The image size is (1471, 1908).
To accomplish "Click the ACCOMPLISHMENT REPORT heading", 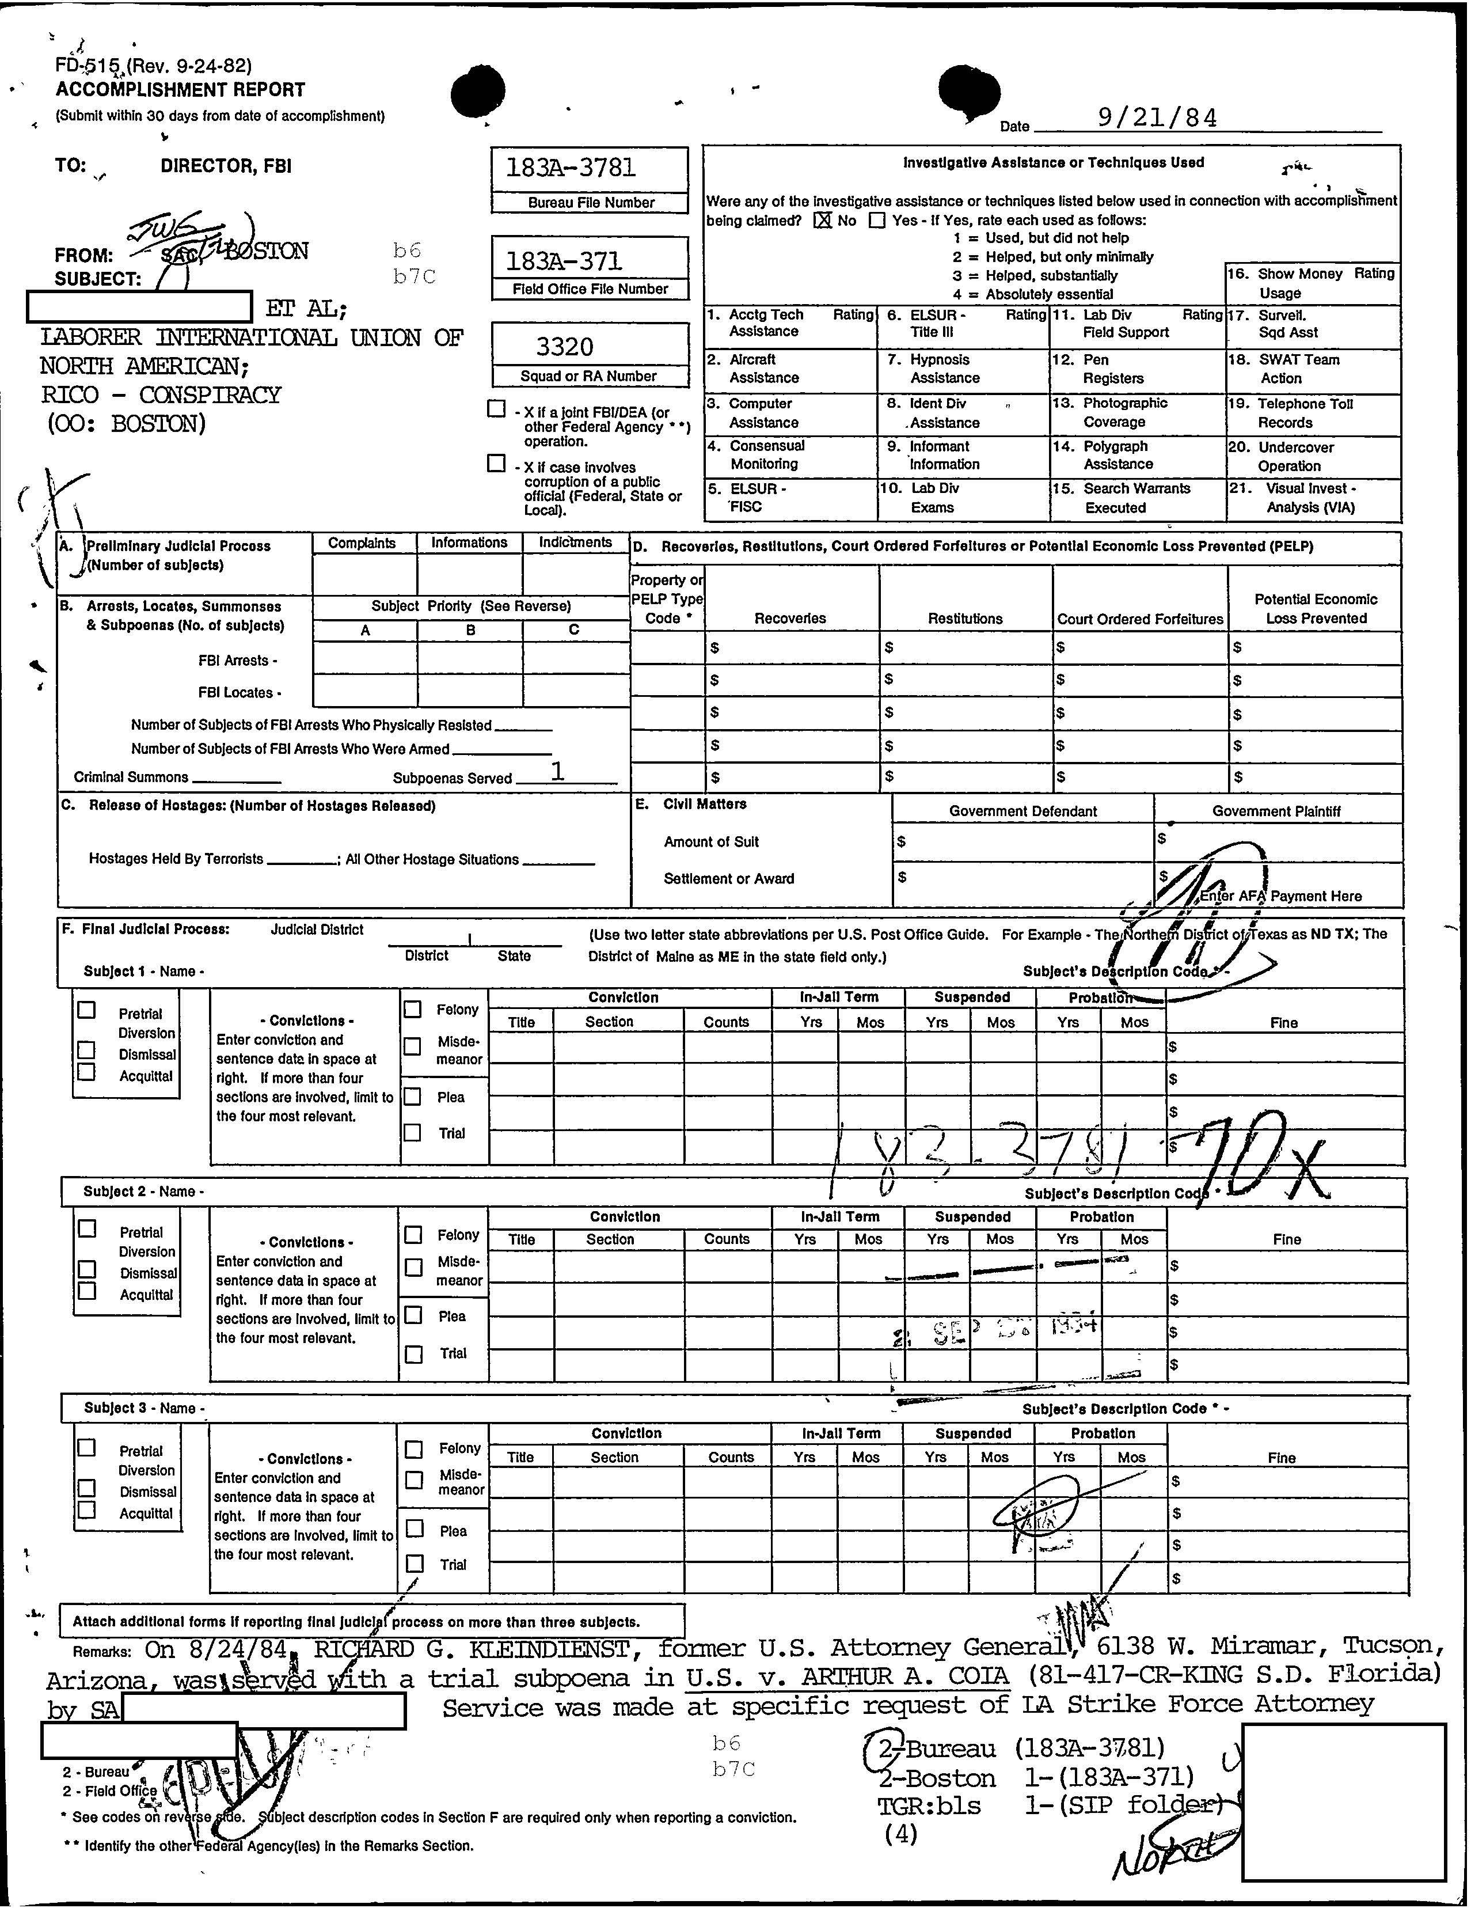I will pos(180,89).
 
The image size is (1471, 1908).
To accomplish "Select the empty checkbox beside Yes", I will pos(877,220).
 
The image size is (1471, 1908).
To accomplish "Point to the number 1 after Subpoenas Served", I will pos(556,771).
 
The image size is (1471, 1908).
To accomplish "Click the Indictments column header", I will pos(575,543).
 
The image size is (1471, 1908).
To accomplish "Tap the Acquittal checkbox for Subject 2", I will pos(86,1291).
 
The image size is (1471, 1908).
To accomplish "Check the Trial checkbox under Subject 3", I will pos(416,1563).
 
